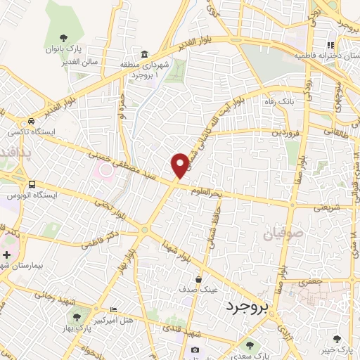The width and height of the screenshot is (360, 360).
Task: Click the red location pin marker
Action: pyautogui.click(x=180, y=165)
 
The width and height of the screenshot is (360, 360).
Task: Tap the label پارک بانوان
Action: pyautogui.click(x=65, y=49)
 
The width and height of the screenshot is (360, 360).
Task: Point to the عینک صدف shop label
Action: pyautogui.click(x=201, y=288)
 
